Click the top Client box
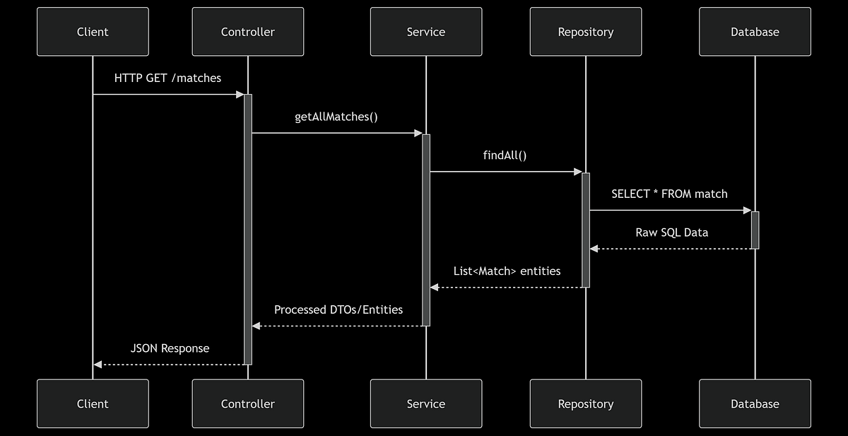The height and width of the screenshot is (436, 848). click(93, 32)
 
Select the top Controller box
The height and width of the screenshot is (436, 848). click(247, 32)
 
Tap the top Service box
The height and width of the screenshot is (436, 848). click(425, 32)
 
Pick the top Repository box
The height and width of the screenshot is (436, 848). click(585, 32)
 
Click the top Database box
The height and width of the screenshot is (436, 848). click(755, 32)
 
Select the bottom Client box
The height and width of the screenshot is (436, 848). click(93, 403)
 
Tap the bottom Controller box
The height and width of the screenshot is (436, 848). click(247, 403)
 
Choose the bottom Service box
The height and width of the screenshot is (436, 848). click(425, 403)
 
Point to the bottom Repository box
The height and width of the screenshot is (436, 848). click(585, 403)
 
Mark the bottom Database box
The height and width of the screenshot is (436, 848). click(755, 403)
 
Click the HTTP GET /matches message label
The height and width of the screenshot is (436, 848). click(167, 78)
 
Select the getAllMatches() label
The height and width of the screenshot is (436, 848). click(336, 117)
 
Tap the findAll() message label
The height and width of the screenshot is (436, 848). click(505, 155)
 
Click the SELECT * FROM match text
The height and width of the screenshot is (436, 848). click(669, 194)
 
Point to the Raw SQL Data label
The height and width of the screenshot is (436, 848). click(671, 232)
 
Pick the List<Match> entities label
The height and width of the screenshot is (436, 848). click(507, 271)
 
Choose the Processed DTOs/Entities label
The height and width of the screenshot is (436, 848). click(338, 310)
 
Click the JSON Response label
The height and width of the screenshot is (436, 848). click(170, 348)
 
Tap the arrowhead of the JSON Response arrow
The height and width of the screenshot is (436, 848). click(98, 365)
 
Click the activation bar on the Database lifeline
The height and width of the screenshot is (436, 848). click(755, 230)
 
